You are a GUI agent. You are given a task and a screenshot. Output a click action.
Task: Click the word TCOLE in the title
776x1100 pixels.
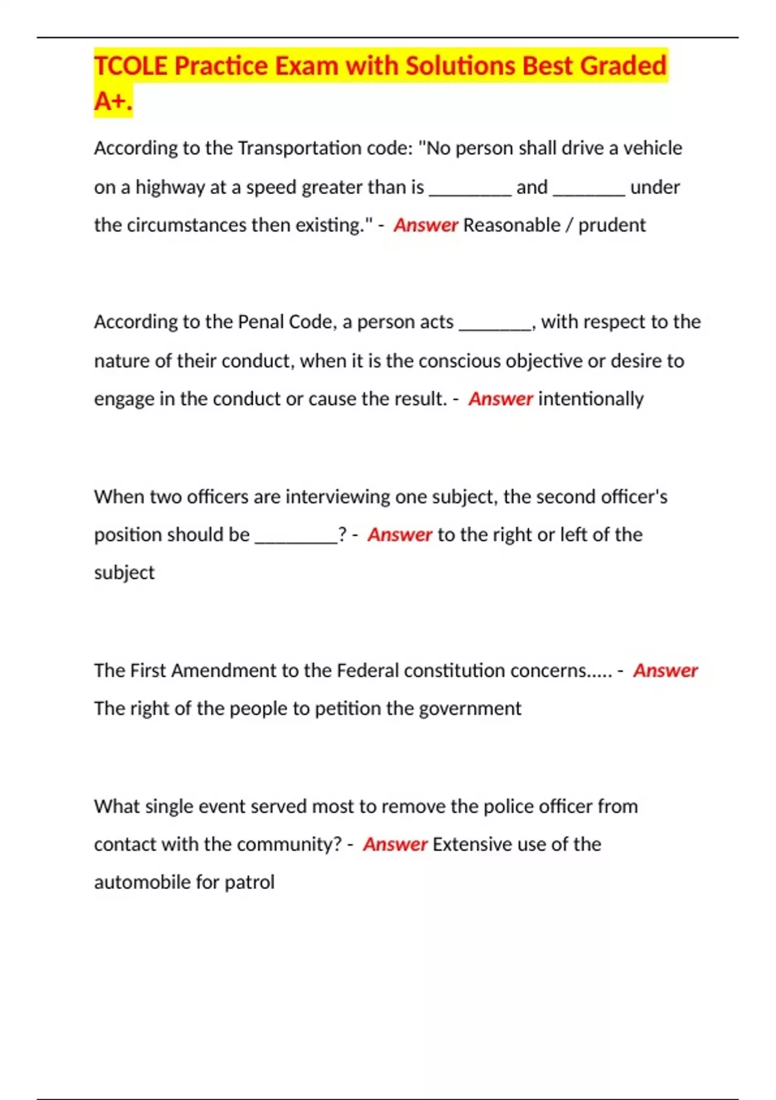tap(131, 66)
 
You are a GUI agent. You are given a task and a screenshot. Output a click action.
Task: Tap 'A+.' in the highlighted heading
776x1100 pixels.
tap(113, 101)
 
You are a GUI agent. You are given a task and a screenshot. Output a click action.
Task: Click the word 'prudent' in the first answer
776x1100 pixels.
tap(612, 225)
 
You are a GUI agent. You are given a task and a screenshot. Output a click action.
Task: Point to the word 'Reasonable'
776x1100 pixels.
tap(512, 225)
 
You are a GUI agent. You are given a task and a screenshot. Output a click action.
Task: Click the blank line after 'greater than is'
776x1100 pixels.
tap(470, 192)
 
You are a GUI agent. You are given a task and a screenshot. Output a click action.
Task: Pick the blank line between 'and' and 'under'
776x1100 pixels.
tap(588, 192)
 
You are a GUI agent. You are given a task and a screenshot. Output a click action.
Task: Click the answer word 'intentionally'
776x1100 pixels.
tap(590, 399)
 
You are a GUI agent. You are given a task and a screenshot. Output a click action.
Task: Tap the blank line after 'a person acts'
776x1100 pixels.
tap(495, 327)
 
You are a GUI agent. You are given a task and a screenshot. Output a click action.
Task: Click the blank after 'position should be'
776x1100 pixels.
tap(296, 540)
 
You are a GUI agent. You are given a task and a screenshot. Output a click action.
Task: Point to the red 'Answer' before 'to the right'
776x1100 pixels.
tap(400, 535)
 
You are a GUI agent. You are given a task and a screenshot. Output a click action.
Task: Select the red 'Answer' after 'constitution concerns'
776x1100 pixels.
tap(665, 670)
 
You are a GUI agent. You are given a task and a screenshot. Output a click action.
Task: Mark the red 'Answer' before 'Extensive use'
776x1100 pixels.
tap(395, 844)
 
